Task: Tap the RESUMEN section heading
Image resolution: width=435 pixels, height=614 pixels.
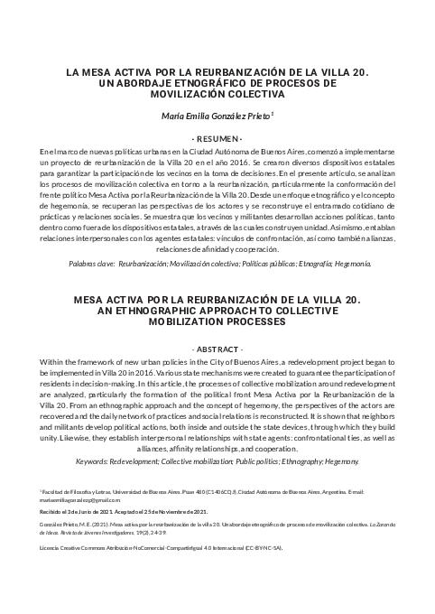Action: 217,137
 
